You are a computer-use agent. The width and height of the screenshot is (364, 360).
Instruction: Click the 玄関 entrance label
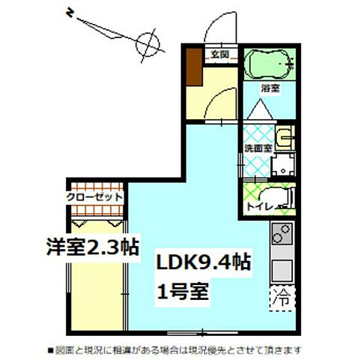click(219, 54)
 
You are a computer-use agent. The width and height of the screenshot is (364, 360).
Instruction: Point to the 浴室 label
click(270, 88)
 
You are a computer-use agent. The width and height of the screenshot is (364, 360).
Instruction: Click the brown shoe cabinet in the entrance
click(194, 67)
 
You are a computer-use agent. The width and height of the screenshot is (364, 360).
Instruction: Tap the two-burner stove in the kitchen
click(283, 236)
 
